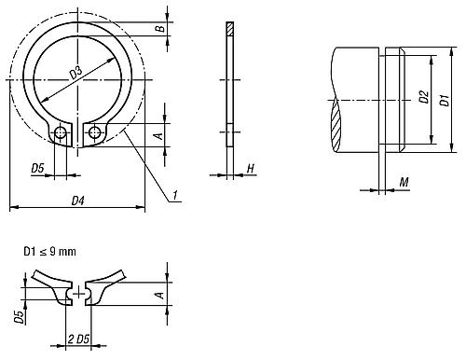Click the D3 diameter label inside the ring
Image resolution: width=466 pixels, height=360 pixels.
point(75,73)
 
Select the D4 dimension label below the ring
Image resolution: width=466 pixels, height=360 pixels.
point(78,201)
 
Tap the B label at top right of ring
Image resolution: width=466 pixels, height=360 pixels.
point(160,29)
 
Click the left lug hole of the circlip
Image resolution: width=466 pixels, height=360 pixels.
point(60,132)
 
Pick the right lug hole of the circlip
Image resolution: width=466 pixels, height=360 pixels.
point(94,132)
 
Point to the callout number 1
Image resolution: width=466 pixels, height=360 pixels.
point(175,195)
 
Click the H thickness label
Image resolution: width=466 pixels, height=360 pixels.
point(251,169)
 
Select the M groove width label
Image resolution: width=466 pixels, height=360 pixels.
point(404,182)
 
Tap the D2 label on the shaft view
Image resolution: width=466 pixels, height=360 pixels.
point(423,97)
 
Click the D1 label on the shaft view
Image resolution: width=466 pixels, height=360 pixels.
point(445,100)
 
